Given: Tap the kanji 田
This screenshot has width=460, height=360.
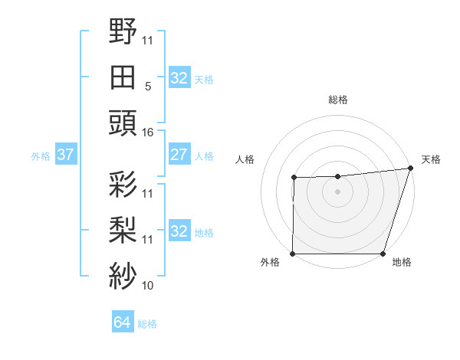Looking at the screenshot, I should coord(123,77).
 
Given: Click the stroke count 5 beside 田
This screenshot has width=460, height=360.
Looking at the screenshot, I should coord(148,87).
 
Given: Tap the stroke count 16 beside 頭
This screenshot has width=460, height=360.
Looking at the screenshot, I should coord(148,132).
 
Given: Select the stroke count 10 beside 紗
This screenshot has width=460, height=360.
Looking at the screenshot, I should coord(148,286).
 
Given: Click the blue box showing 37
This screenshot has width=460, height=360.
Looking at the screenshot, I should coord(65,155).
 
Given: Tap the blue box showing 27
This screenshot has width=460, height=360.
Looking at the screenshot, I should coord(179,155).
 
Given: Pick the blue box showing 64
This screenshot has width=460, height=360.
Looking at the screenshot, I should coord(122,322).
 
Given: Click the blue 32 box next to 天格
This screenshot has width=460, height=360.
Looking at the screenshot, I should coord(179,78).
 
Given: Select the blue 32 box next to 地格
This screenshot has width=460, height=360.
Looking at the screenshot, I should coord(179,231).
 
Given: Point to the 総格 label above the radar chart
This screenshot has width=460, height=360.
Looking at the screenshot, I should coord(337,100).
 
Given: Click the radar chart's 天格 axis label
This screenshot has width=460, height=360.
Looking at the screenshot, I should coord(431,159).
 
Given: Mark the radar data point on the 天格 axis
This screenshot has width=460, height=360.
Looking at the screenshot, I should coord(410,168).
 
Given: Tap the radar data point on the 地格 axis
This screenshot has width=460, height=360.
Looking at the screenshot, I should coord(383,254).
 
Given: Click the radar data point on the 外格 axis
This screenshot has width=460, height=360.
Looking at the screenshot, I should coord(293,254).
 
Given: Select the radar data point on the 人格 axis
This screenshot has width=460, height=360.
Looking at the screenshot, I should coord(294,178).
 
